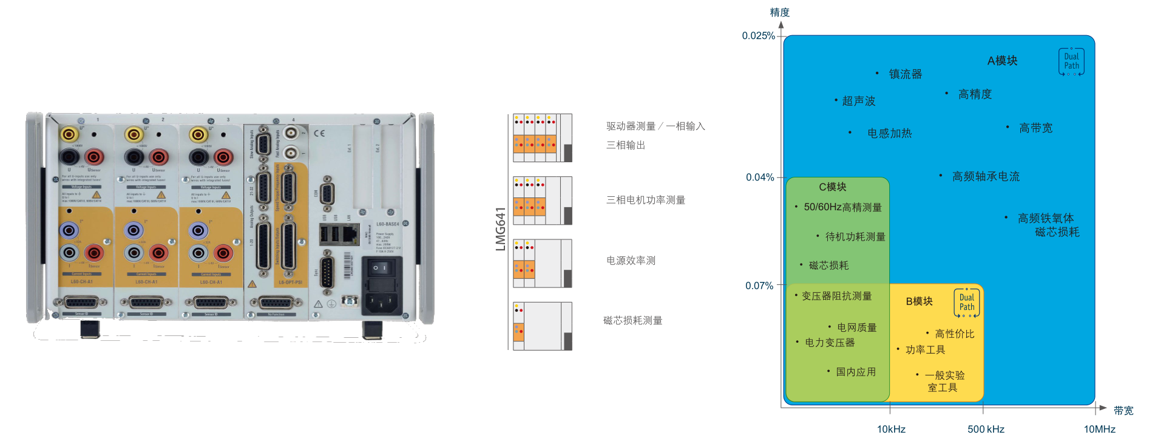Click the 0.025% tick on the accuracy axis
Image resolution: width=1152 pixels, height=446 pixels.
(758, 36)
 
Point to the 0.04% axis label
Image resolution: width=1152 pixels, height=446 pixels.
(760, 177)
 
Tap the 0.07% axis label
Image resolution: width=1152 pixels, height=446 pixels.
(759, 286)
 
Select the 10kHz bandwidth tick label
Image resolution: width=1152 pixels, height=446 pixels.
(891, 429)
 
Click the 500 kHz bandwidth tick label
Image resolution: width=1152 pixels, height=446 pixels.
(986, 429)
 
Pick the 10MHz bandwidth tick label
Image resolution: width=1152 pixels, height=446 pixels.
(1099, 429)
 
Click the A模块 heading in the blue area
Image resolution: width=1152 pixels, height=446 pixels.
(1002, 61)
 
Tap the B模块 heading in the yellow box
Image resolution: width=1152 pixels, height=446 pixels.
(919, 301)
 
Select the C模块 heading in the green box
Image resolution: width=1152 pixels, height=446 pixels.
(832, 187)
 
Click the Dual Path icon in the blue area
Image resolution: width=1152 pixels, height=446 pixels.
(1071, 61)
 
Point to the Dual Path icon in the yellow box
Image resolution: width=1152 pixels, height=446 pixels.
(966, 303)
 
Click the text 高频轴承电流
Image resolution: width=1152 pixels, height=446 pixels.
(986, 177)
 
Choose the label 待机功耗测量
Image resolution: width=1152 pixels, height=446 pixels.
(855, 237)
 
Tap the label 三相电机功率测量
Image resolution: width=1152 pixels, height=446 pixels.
(645, 200)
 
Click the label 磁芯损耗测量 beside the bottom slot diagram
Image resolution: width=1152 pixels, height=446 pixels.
(632, 320)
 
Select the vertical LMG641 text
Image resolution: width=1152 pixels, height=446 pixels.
(501, 229)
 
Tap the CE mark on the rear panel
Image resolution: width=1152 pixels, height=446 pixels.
(319, 134)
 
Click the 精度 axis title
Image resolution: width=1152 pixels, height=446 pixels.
(779, 12)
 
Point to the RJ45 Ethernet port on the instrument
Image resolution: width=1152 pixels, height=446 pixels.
(350, 233)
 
